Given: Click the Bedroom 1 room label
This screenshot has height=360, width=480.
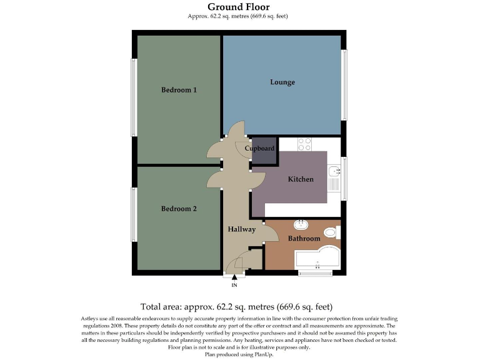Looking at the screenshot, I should tap(179, 90).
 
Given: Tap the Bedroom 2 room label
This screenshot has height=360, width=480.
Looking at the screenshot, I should tap(179, 209).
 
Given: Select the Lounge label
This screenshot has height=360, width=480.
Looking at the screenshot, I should tap(282, 82).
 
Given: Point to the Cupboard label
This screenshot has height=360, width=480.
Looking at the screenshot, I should tap(259, 149).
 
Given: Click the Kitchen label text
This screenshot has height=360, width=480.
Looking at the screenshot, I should tap(300, 179).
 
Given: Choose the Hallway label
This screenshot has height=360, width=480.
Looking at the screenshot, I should tap(241, 229).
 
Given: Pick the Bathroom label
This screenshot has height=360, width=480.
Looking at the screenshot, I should tap(304, 239).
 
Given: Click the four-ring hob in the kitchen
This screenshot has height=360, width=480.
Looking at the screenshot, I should tap(304, 144).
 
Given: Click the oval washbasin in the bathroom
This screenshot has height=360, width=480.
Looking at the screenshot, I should tap(301, 224).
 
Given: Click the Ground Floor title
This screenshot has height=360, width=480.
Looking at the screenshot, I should tap(239, 7).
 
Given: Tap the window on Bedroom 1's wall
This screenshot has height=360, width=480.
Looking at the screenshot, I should tap(134, 97).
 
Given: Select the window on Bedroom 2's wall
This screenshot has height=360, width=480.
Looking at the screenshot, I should tap(134, 214).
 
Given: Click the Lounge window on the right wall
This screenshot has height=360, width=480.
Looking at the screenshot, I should tap(344, 84).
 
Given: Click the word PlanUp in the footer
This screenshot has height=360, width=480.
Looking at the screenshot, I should tap(263, 354).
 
